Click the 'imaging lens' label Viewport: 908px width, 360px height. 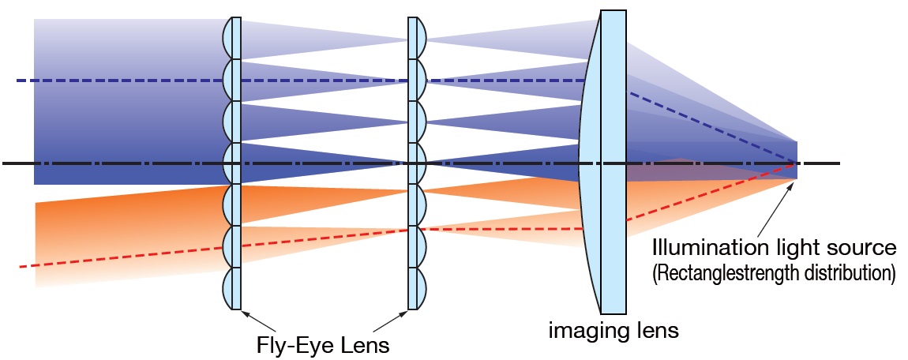[x=613, y=330]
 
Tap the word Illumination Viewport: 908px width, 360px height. [x=699, y=249]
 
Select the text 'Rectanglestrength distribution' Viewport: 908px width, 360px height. [x=773, y=273]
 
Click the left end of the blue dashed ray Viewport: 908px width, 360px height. [x=17, y=81]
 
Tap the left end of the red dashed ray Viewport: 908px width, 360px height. [x=21, y=267]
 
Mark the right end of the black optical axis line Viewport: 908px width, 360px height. [x=839, y=163]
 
